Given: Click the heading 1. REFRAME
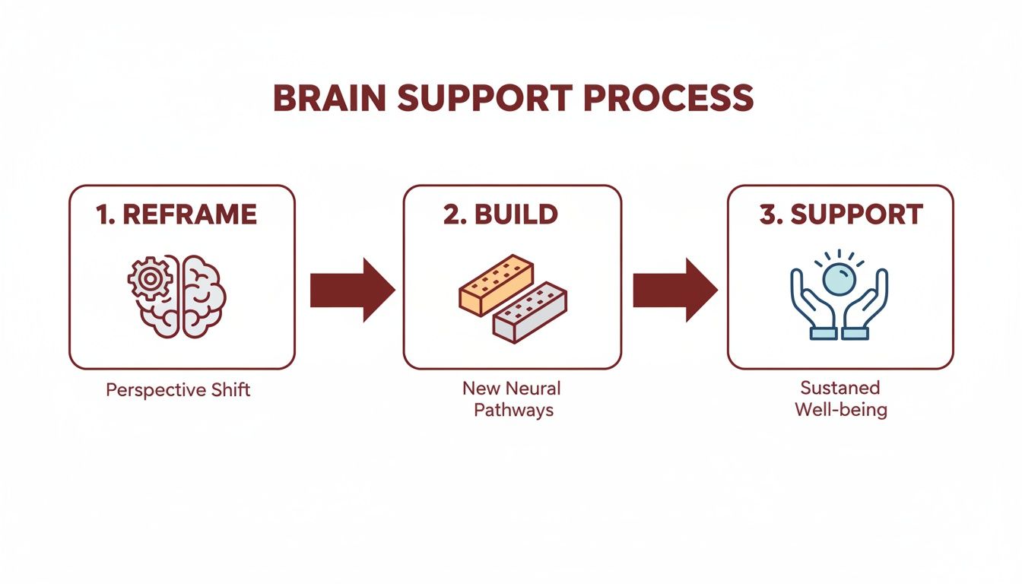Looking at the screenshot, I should pyautogui.click(x=177, y=214).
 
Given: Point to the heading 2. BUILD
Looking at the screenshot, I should pyautogui.click(x=500, y=214).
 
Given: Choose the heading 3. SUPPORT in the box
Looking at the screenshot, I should pyautogui.click(x=840, y=214).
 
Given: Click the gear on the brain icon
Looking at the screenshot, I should pyautogui.click(x=150, y=281).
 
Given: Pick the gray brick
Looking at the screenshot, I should pyautogui.click(x=530, y=312).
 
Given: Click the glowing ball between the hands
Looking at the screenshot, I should pyautogui.click(x=839, y=279).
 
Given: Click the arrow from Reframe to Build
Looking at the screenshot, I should pyautogui.click(x=352, y=290).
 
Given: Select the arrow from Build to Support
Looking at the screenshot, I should pyautogui.click(x=674, y=290).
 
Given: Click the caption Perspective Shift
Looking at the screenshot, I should pyautogui.click(x=178, y=390).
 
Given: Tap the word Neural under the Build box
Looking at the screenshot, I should pyautogui.click(x=533, y=389).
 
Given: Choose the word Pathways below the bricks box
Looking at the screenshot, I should pyautogui.click(x=513, y=411).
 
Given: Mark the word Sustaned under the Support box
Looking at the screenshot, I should pyautogui.click(x=839, y=388).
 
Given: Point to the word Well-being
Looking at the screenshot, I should pyautogui.click(x=840, y=410).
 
